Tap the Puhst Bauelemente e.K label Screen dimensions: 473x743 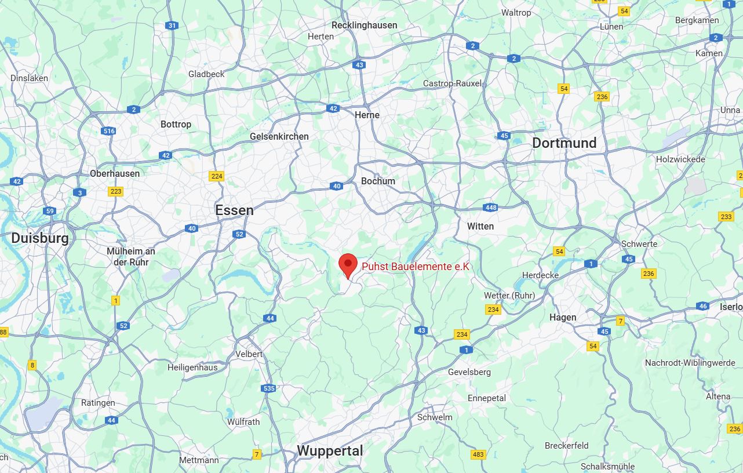tap(415, 267)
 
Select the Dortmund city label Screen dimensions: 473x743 tap(564, 143)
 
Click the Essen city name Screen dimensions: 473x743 tap(234, 210)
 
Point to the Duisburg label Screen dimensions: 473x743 tap(40, 238)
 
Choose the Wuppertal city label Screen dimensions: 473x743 tap(330, 450)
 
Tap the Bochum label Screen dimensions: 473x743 tap(378, 181)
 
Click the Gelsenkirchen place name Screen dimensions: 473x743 tap(279, 136)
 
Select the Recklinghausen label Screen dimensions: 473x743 tap(364, 25)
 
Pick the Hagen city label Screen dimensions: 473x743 tap(563, 317)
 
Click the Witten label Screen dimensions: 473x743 tap(480, 226)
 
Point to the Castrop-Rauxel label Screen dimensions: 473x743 tap(452, 83)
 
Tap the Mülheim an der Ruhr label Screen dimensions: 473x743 tap(131, 257)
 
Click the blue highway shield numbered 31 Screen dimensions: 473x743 tap(172, 26)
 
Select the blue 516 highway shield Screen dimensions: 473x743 tap(109, 131)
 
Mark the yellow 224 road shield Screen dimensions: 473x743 tap(217, 176)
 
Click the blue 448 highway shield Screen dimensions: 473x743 tap(490, 208)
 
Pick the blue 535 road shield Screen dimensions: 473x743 tap(268, 389)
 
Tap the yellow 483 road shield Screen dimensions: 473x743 tap(478, 454)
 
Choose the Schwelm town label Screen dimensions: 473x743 tap(435, 417)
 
